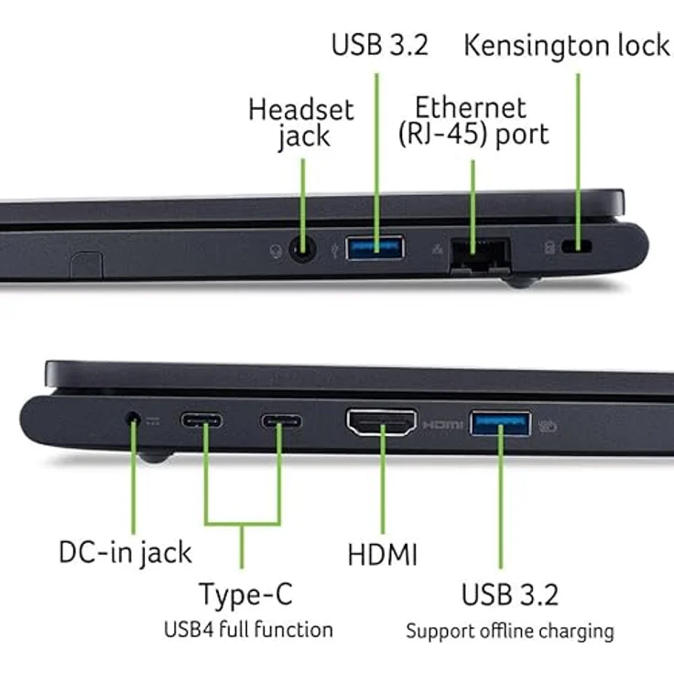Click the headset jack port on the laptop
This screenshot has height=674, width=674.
tap(301, 247)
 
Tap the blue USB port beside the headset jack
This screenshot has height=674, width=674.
tap(375, 246)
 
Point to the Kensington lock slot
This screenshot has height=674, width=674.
tap(578, 247)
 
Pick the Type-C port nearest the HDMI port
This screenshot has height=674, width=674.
tap(281, 422)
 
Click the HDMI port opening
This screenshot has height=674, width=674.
tap(381, 422)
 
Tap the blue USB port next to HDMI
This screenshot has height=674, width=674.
tap(500, 423)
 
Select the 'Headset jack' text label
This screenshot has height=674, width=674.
tap(301, 123)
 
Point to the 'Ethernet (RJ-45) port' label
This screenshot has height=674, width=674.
tap(473, 120)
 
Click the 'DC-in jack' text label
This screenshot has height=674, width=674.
tap(125, 552)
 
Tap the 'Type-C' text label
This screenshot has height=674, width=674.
tap(245, 594)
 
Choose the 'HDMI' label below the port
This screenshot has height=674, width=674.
tap(382, 555)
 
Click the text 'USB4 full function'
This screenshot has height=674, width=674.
tap(248, 630)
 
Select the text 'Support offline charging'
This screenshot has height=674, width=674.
tap(510, 631)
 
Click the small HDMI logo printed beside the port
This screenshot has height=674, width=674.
tap(443, 426)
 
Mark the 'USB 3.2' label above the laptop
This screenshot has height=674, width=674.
tap(379, 45)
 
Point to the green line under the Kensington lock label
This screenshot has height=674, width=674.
tap(578, 147)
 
